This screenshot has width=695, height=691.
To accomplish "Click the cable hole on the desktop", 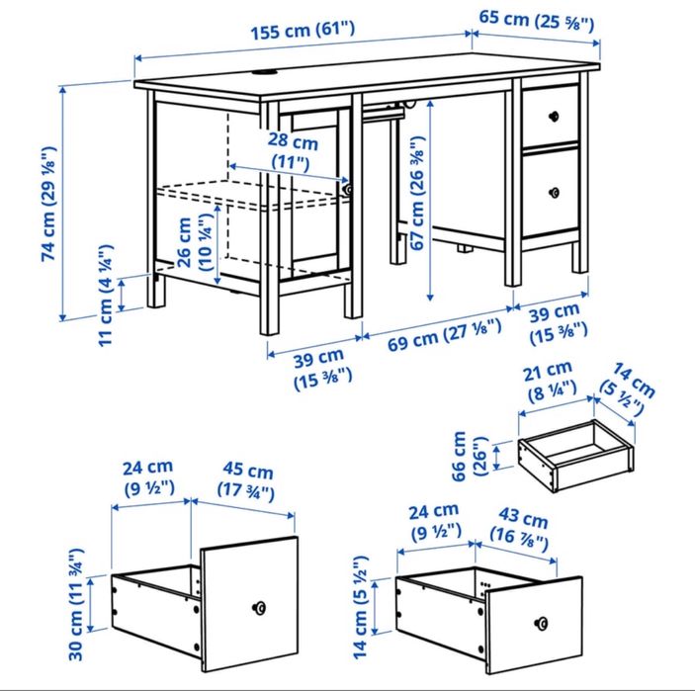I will [x=266, y=71].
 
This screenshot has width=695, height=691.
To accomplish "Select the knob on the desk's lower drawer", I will [x=552, y=191].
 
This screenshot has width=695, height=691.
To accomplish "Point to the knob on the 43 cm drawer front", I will [x=542, y=623].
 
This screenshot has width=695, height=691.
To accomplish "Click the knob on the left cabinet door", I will [x=347, y=188].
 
